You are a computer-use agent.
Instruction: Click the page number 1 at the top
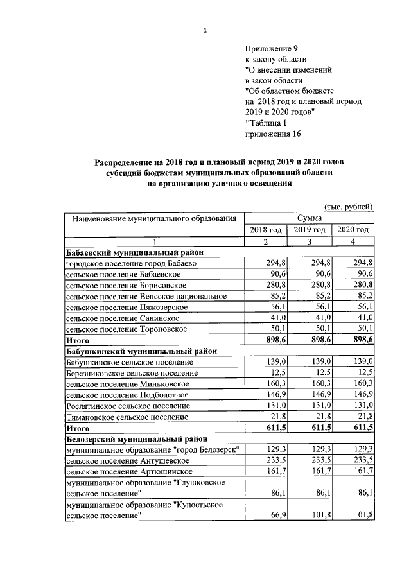204,30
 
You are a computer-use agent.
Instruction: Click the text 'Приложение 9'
272,48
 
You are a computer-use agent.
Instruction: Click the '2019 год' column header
310,230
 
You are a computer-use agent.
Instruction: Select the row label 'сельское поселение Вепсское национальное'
146,296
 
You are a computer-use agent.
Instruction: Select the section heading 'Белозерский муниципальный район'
135,439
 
